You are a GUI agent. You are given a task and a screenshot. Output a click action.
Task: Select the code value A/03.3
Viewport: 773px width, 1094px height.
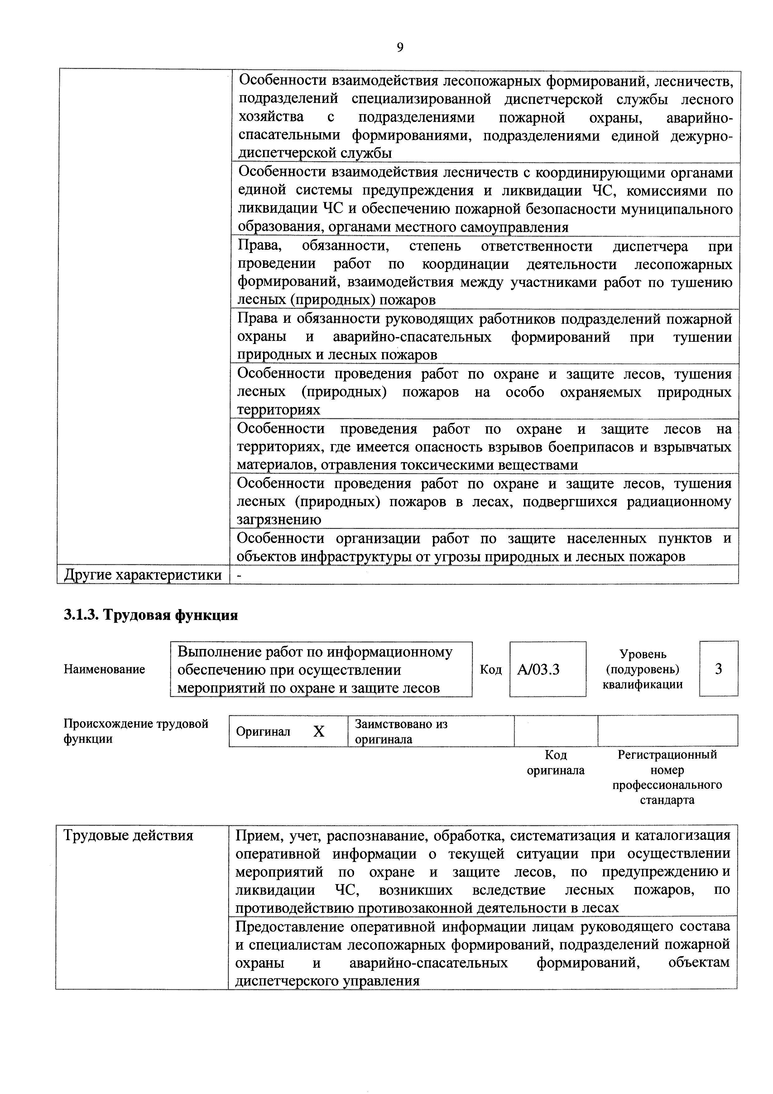tap(538, 670)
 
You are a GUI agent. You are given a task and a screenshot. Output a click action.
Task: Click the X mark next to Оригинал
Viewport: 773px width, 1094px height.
tap(319, 731)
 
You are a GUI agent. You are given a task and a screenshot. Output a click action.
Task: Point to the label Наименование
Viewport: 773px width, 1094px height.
tap(104, 670)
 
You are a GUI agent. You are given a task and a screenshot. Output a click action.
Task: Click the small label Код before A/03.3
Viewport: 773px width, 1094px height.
tap(491, 670)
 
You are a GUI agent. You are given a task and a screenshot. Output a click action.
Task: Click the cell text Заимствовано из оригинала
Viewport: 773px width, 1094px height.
tap(401, 731)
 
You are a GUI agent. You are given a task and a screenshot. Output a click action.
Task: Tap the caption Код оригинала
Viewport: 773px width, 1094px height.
tap(555, 762)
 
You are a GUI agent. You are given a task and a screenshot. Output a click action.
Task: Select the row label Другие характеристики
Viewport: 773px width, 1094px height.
tap(143, 575)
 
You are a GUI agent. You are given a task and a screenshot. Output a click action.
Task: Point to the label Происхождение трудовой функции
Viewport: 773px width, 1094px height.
tap(136, 731)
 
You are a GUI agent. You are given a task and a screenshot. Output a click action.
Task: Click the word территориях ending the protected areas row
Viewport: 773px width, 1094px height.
tap(279, 410)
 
